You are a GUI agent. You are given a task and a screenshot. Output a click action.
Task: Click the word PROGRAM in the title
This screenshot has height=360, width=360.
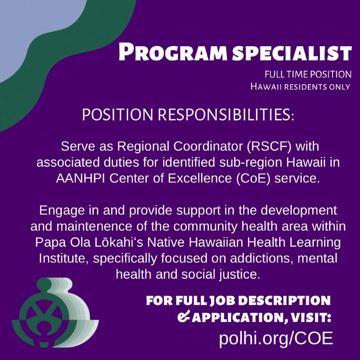click(173, 52)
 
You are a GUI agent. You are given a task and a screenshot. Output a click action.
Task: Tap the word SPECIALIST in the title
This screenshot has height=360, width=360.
click(292, 53)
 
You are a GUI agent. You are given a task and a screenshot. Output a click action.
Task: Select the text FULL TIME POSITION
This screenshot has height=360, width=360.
click(308, 75)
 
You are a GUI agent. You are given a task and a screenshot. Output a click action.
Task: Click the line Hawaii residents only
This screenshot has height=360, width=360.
click(300, 87)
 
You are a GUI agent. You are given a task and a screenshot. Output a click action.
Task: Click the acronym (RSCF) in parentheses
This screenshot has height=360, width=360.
click(269, 146)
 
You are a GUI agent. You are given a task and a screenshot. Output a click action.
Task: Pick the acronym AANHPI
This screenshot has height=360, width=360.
click(80, 178)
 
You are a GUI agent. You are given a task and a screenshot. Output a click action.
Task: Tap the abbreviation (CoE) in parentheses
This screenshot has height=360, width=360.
click(253, 178)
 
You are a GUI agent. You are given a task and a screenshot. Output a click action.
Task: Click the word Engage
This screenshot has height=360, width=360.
click(62, 211)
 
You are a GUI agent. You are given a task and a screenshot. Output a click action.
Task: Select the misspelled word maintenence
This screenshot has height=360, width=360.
click(94, 226)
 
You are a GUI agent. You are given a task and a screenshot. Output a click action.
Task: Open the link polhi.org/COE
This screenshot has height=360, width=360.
click(276, 338)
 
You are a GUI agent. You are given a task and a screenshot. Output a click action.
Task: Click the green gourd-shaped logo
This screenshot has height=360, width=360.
click(55, 312)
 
